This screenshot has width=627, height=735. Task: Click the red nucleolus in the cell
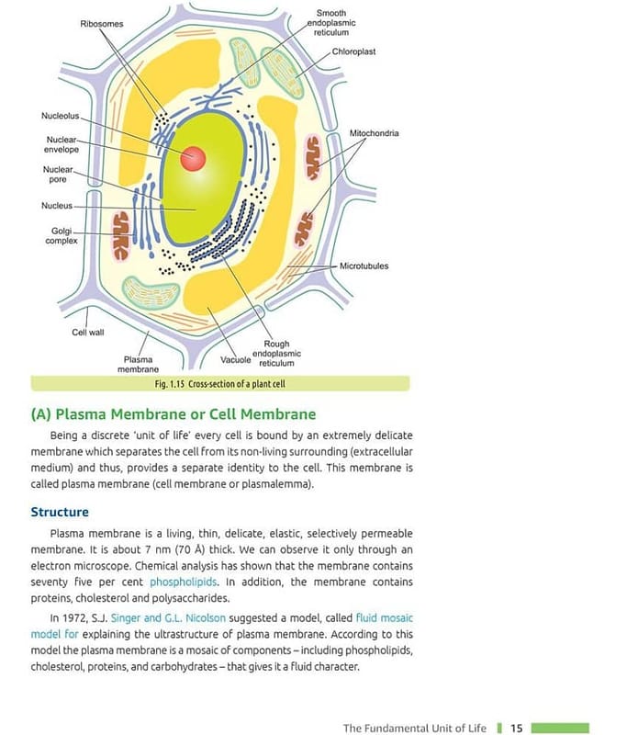[x=193, y=158]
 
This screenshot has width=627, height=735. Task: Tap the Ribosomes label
[x=101, y=23]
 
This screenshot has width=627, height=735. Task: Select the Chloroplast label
[x=354, y=51]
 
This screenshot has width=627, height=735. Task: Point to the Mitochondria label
[x=374, y=133]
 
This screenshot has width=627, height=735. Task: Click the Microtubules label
[x=364, y=266]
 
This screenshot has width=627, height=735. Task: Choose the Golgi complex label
[x=61, y=235]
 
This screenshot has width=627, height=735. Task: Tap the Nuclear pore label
[x=57, y=175]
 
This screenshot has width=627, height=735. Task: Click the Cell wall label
[x=88, y=333]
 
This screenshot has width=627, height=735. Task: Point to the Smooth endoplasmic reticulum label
[x=330, y=23]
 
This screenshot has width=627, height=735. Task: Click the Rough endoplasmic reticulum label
[x=276, y=354]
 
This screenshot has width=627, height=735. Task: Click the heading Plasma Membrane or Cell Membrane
[x=174, y=413]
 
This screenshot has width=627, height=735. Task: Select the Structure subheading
[x=60, y=512]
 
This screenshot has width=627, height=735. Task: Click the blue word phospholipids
[x=184, y=582]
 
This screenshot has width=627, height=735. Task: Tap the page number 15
[x=516, y=728]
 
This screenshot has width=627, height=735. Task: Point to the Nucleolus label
[x=61, y=117]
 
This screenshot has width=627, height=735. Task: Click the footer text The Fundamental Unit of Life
[x=414, y=728]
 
